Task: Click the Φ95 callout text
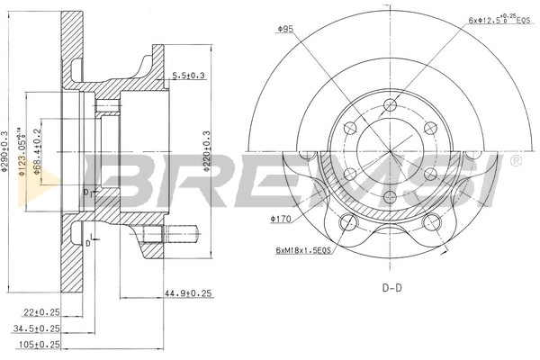coord(286,29)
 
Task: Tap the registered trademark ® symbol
coord(516,160)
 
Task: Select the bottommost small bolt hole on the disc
coord(390,196)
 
